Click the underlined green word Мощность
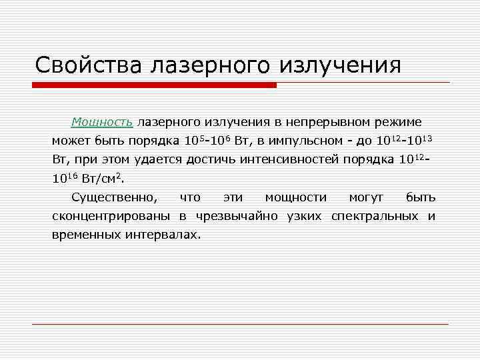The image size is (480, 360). (103, 123)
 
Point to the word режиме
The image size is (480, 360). (396, 123)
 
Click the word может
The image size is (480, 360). (70, 141)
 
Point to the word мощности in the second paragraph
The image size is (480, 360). (296, 197)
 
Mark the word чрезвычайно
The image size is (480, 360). (234, 216)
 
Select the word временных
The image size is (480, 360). (85, 235)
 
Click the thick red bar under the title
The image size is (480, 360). (154, 85)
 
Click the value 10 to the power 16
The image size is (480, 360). (63, 178)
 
